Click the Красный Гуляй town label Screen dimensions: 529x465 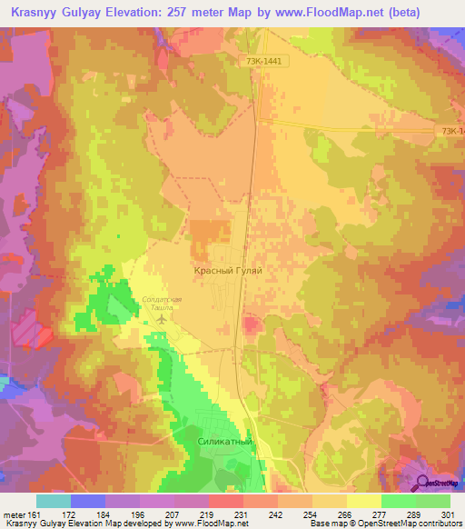tap(228, 270)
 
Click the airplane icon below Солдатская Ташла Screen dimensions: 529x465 tap(163, 319)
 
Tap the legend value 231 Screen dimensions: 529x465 tap(243, 514)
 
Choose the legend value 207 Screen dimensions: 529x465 tap(174, 514)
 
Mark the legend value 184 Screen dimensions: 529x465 tap(105, 514)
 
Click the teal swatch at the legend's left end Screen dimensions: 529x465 tap(54, 501)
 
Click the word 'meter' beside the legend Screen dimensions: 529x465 tap(13, 514)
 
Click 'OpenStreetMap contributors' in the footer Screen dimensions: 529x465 tap(409, 524)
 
